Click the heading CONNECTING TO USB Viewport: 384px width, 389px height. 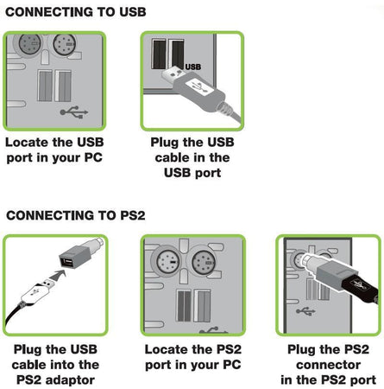click(76, 12)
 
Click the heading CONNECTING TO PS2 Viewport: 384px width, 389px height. click(76, 215)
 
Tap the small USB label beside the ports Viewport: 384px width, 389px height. click(193, 67)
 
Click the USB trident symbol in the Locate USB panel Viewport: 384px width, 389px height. click(74, 112)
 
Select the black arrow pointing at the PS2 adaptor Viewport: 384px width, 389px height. click(58, 275)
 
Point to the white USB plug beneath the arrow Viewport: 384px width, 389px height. click(37, 290)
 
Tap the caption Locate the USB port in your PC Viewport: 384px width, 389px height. click(54, 150)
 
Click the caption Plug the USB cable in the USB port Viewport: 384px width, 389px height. click(192, 157)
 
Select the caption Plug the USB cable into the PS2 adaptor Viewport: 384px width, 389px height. click(55, 365)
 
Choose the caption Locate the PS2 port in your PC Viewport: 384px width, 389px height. click(192, 357)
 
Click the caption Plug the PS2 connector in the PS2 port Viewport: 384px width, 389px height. click(328, 365)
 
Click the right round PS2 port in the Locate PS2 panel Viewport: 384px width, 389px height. click(203, 263)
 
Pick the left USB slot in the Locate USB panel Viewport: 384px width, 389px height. click(45, 86)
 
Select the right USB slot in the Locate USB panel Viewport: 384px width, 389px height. click(63, 86)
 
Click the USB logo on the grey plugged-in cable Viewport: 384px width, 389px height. click(199, 86)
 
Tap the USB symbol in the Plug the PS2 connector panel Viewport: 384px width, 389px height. click(305, 311)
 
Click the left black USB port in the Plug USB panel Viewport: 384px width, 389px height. click(159, 54)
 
